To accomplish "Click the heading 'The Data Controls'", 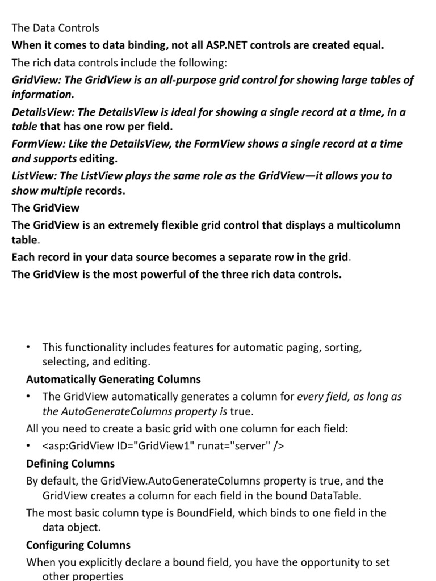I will coord(55,28).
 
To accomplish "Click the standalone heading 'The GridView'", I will coord(45,208).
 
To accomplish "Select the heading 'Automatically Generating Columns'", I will coord(113,379).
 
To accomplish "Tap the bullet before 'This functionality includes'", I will coord(29,347).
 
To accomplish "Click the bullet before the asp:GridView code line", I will coord(29,446).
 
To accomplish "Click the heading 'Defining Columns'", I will coord(70,464).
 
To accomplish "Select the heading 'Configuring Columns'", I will coord(78,545).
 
